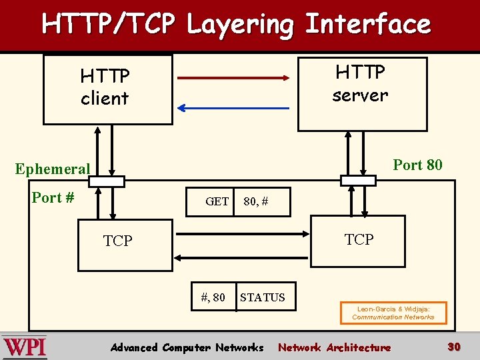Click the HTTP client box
point(107,89)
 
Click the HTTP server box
point(361,93)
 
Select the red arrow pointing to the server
point(234,78)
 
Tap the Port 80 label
point(417,165)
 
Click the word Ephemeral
point(53,169)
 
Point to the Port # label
point(53,197)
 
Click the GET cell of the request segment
point(217,201)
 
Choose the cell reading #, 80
point(213,297)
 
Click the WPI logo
point(25,347)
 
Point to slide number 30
point(454,347)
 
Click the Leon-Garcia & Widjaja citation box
point(393,313)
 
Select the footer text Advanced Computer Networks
point(187,347)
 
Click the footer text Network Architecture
point(334,347)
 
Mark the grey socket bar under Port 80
point(357,180)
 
